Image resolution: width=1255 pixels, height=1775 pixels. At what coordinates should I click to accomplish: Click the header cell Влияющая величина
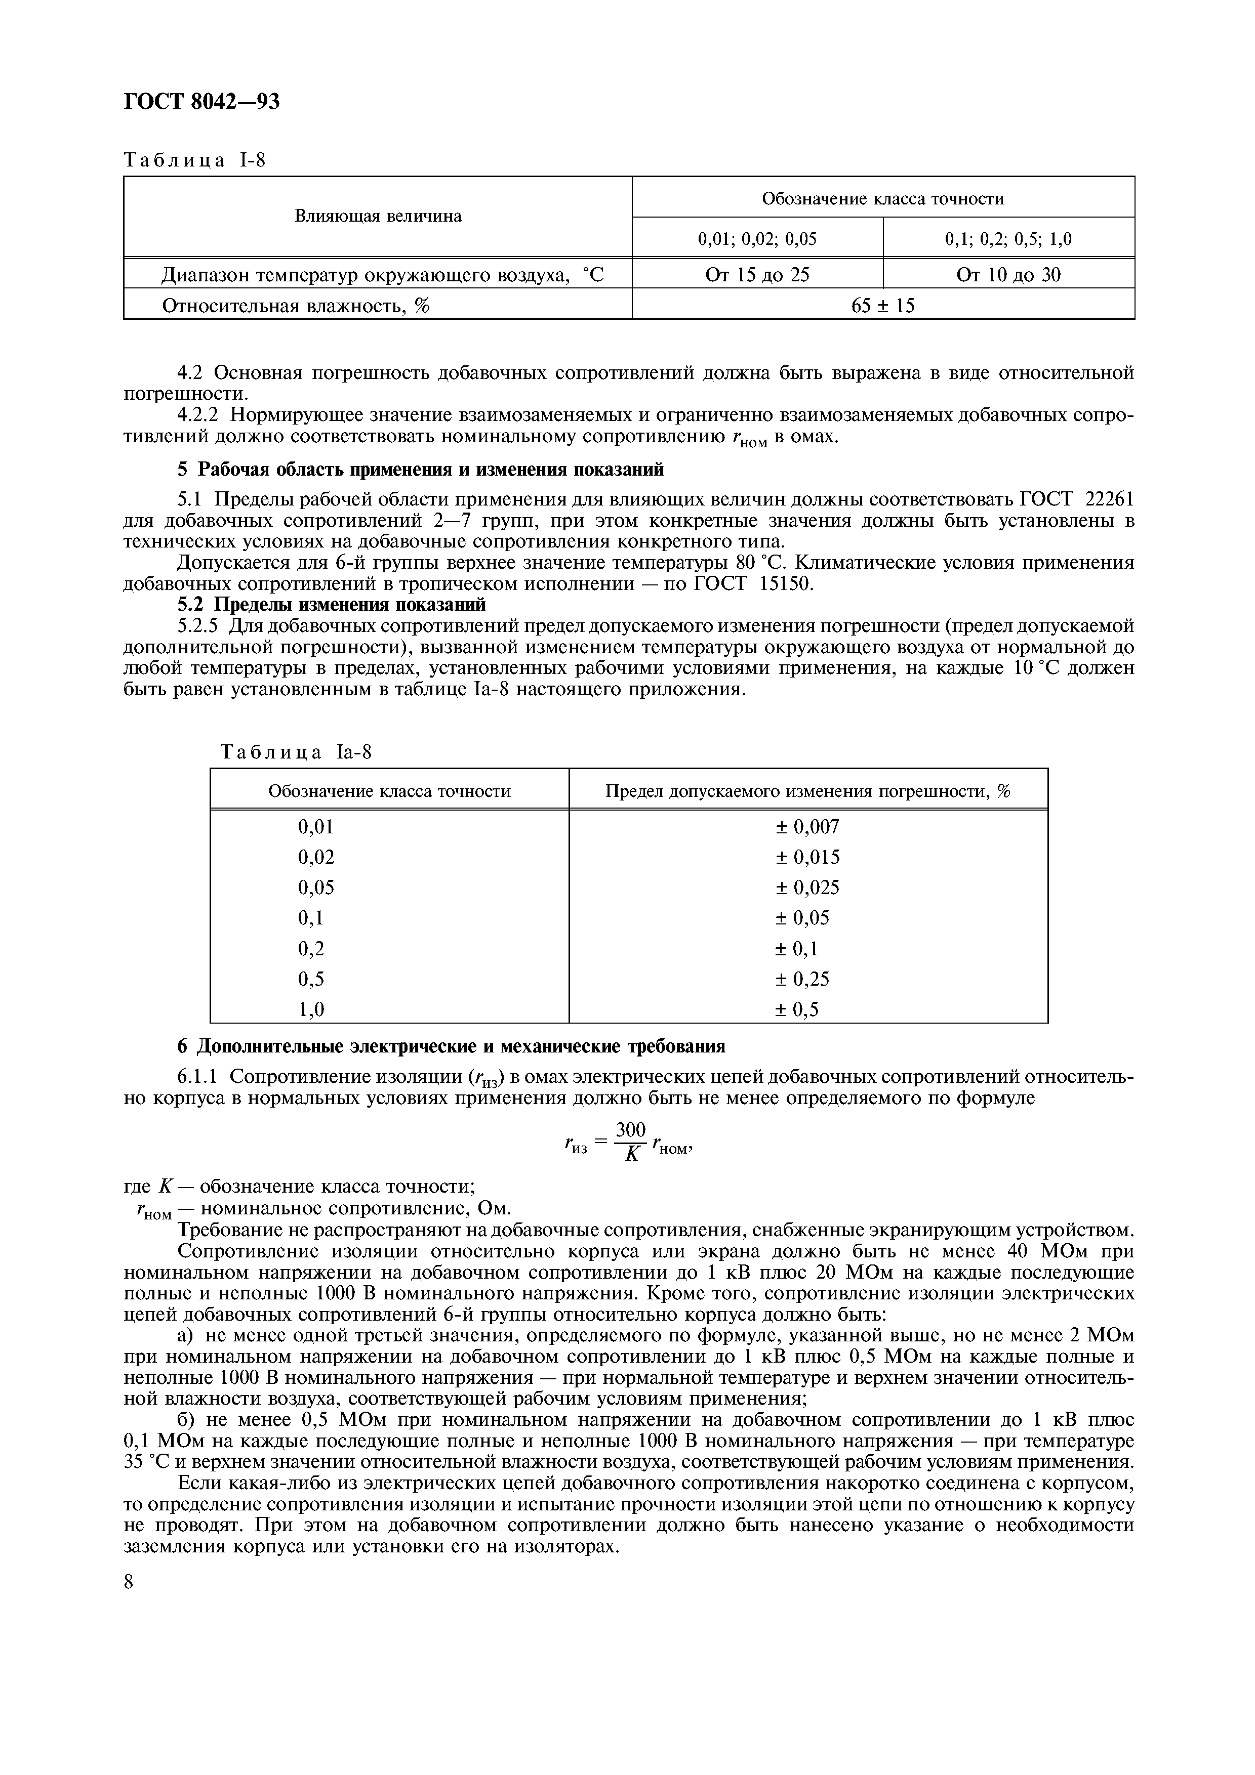[378, 217]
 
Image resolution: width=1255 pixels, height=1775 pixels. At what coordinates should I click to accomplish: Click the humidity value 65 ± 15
[882, 306]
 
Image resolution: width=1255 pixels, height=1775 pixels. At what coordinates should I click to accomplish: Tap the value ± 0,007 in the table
[807, 827]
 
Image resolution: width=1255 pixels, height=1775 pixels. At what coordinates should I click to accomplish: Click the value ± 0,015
[807, 857]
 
